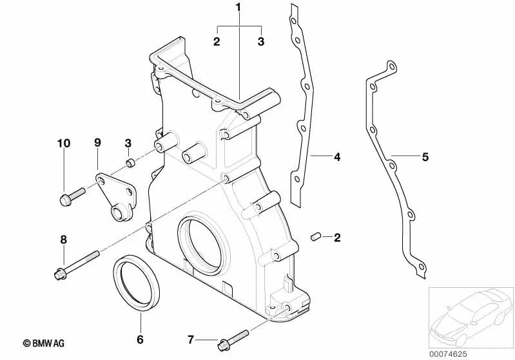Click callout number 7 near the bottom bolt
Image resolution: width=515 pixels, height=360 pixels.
click(x=190, y=339)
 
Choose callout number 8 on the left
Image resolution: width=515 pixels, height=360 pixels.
click(x=63, y=240)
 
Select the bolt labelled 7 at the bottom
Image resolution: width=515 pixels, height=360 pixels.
click(x=233, y=337)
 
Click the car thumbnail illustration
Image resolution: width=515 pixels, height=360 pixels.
click(x=471, y=315)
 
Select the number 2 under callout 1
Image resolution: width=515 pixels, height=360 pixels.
click(x=217, y=42)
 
